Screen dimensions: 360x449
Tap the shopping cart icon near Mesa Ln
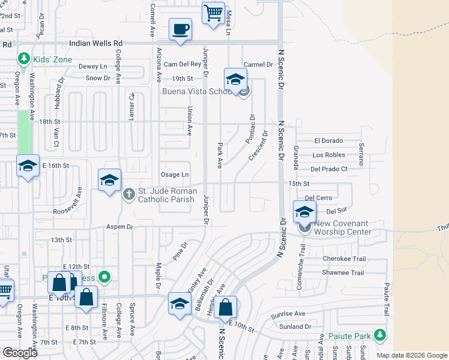214,13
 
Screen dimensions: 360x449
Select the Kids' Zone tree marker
24,59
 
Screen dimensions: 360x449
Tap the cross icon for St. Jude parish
128,194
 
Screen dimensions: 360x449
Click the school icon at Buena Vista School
236,80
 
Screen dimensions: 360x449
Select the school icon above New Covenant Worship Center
304,212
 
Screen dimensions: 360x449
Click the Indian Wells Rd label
96,43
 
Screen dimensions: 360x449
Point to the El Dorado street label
328,141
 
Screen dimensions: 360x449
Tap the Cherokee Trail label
344,259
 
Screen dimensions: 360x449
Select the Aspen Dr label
119,227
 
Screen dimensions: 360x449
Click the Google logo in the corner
20,353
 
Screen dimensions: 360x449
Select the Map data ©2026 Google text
412,355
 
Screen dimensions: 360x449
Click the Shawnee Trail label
343,273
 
